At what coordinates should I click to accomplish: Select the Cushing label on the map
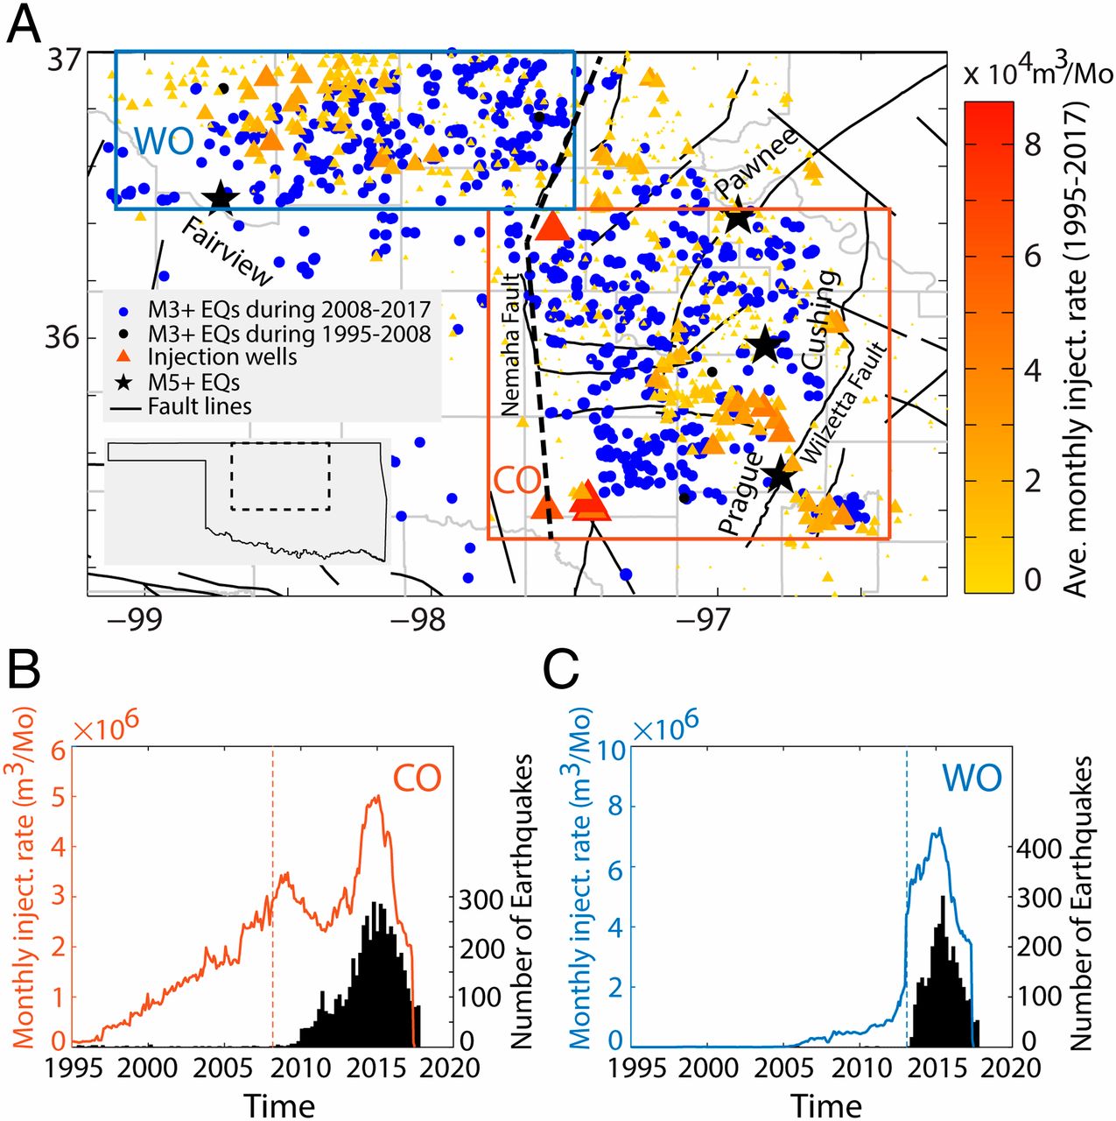(820, 320)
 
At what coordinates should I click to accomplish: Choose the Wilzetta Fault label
(844, 404)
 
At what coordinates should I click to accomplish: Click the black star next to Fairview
(221, 198)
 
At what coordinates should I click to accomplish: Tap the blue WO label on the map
(164, 141)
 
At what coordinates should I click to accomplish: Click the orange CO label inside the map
(516, 480)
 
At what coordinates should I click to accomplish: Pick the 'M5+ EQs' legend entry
(193, 382)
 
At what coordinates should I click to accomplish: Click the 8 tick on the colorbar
(1033, 144)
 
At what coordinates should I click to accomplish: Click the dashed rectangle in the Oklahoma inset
(280, 476)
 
